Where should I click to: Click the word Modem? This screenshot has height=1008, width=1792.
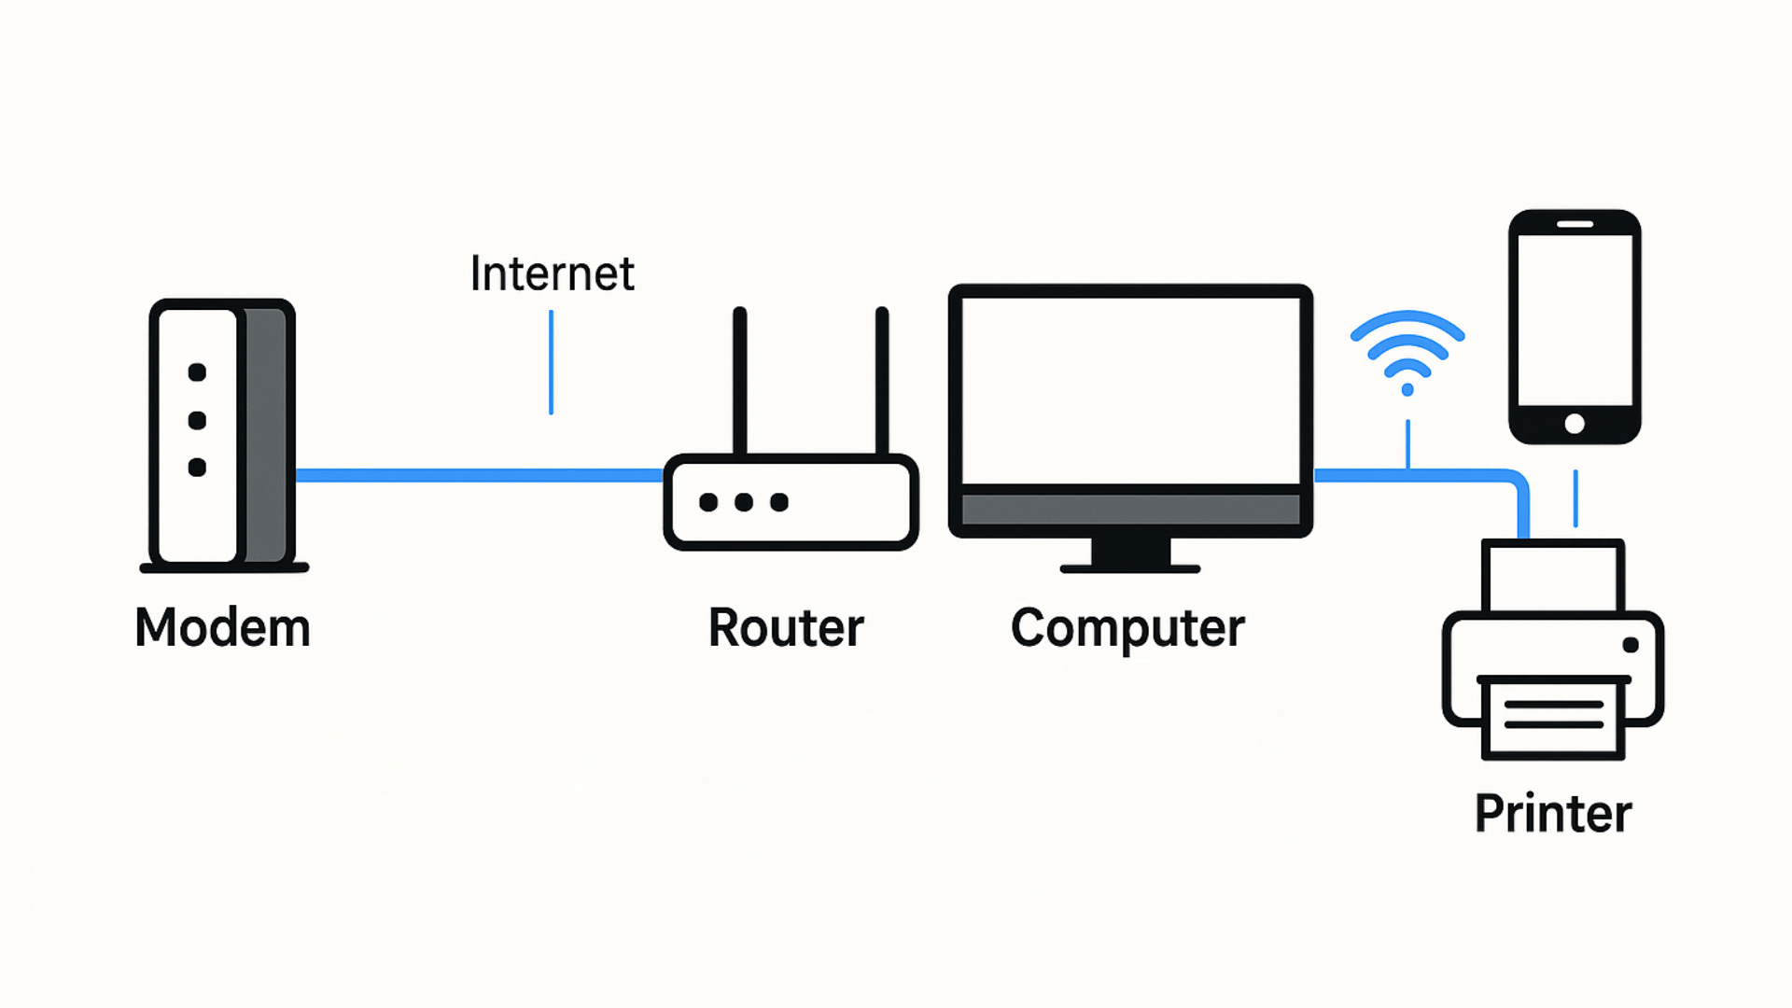point(222,627)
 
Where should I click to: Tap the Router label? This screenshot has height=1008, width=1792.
point(786,627)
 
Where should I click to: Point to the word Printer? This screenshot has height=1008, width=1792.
point(1553,813)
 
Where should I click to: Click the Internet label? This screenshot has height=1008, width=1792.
point(552,273)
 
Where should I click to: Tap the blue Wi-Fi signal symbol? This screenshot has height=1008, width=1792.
point(1407,354)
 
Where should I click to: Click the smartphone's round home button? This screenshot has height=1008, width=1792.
point(1575,424)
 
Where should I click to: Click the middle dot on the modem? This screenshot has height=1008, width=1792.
point(197,420)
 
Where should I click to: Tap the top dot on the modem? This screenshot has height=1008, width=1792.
point(197,372)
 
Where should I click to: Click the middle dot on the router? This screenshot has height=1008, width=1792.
point(744,502)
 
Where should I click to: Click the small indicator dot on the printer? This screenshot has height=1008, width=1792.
point(1631,645)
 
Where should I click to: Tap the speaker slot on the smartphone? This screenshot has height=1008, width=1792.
point(1575,224)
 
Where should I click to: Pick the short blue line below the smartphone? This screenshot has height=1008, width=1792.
point(1575,498)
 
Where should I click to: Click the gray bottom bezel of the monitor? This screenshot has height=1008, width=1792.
point(1130,510)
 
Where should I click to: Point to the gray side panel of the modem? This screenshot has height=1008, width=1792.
point(267,434)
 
